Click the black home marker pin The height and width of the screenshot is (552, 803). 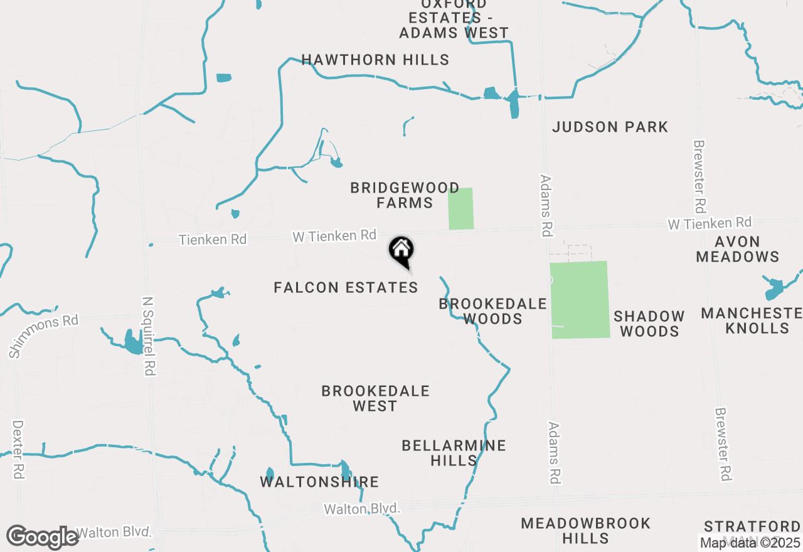(x=401, y=252)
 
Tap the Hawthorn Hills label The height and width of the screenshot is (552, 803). (x=375, y=60)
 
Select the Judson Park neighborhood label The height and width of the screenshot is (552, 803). (x=610, y=127)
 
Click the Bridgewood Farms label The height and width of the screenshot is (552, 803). (x=391, y=195)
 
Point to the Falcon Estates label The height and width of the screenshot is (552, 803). (x=346, y=288)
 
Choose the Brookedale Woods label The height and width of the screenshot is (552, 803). (x=492, y=311)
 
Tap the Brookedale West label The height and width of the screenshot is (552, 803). (x=375, y=398)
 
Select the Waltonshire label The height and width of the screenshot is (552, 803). (x=319, y=482)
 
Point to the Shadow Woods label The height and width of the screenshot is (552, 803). (x=649, y=324)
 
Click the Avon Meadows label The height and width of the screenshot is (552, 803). (x=737, y=249)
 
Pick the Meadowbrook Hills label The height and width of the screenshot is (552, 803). (x=585, y=531)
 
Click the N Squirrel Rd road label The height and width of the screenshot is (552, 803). (x=149, y=336)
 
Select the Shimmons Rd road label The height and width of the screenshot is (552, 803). (x=43, y=336)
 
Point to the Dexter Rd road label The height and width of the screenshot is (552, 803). (x=18, y=450)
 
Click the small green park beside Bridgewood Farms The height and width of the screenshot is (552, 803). (x=460, y=208)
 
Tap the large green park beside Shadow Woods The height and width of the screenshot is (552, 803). (x=580, y=300)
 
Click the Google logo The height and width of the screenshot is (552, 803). (x=42, y=537)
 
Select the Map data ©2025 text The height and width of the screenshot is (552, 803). (x=750, y=543)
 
